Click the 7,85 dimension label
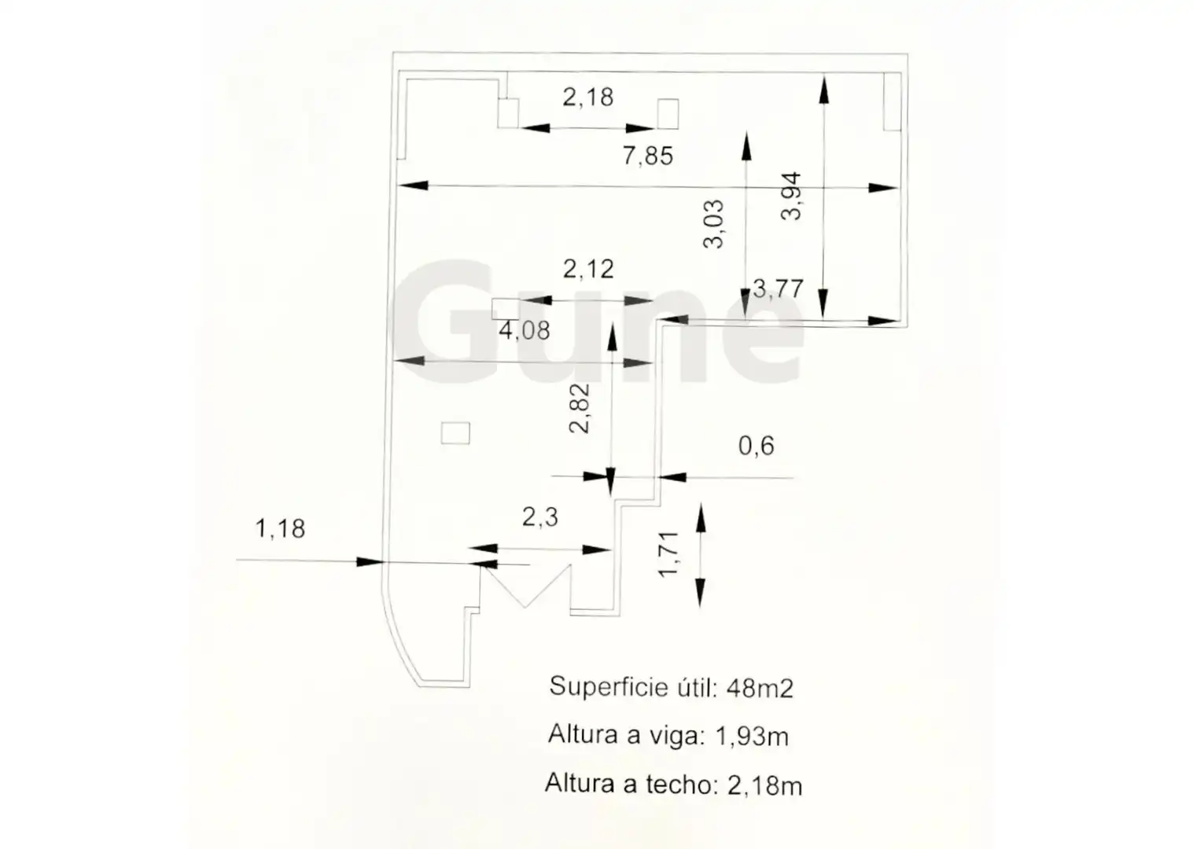point(648,156)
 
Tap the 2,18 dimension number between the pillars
point(588,97)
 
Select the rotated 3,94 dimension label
point(790,196)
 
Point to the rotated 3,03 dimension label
point(713,223)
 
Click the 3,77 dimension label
point(778,289)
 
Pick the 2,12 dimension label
point(588,270)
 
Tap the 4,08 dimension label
point(524,330)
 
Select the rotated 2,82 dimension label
point(580,408)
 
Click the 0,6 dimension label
point(756,446)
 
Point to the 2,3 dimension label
point(539,516)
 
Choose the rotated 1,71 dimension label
point(668,554)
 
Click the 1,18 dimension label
point(280,529)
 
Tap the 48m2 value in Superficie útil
point(760,689)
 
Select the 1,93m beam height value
point(752,737)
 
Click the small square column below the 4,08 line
point(455,433)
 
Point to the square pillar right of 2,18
point(668,114)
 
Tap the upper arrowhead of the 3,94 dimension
point(824,90)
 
